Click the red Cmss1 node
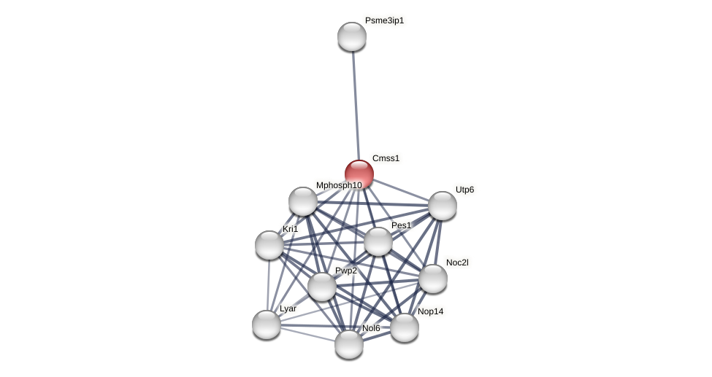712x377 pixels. pyautogui.click(x=359, y=174)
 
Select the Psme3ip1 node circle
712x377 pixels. pyautogui.click(x=351, y=36)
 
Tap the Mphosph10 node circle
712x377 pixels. pyautogui.click(x=303, y=201)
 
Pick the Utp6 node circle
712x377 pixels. pyautogui.click(x=442, y=206)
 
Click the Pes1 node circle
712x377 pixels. pyautogui.click(x=378, y=241)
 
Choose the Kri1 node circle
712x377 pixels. pyautogui.click(x=269, y=245)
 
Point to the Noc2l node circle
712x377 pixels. pyautogui.click(x=433, y=279)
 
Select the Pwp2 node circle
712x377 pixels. pyautogui.click(x=322, y=287)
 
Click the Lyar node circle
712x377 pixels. pyautogui.click(x=267, y=324)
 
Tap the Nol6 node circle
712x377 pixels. pyautogui.click(x=349, y=344)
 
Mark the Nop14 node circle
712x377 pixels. pyautogui.click(x=405, y=327)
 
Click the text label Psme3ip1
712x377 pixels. pyautogui.click(x=384, y=20)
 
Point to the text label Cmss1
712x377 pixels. pyautogui.click(x=386, y=158)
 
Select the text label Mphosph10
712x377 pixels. pyautogui.click(x=339, y=185)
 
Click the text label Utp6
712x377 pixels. pyautogui.click(x=464, y=190)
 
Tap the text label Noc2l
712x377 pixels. pyautogui.click(x=457, y=263)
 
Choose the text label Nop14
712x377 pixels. pyautogui.click(x=430, y=311)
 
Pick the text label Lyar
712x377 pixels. pyautogui.click(x=288, y=308)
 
